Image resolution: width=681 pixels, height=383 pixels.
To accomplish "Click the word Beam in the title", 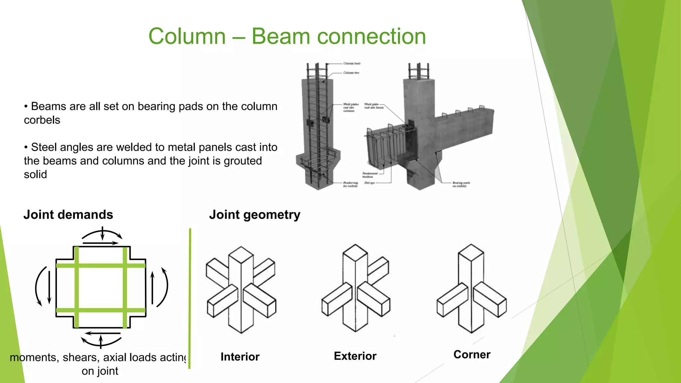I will point(281,36).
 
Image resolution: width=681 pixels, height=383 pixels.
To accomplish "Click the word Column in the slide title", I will point(187,36).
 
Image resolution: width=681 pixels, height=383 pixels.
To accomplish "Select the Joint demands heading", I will point(68,215).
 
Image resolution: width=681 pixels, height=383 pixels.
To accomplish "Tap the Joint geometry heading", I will point(255,215).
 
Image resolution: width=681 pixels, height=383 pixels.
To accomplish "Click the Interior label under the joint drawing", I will point(240,357).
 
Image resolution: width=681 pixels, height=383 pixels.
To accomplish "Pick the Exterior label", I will point(355,356).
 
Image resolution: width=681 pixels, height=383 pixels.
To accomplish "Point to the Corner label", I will point(472,355).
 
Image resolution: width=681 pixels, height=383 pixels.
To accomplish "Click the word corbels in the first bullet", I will point(42,120).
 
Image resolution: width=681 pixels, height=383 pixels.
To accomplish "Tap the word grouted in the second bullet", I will point(243,161).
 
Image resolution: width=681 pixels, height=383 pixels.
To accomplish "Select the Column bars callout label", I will point(352,63).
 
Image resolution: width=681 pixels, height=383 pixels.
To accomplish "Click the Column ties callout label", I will point(351,72).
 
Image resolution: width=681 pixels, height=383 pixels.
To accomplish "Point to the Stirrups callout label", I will point(369,183).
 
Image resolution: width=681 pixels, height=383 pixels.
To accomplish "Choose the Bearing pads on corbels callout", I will point(461,185).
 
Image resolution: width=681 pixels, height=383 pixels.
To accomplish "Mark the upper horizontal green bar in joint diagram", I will point(101,265).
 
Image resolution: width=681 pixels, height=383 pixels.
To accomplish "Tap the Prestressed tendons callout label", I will point(369,175).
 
